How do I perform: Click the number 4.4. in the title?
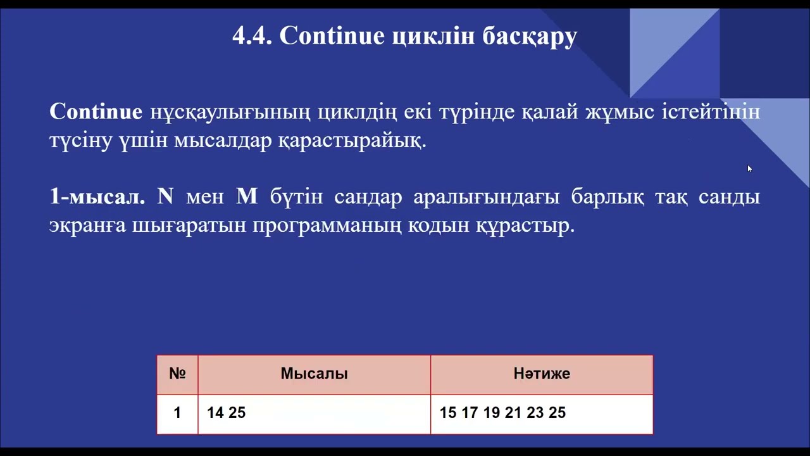pos(252,36)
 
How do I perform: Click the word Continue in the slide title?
pos(332,36)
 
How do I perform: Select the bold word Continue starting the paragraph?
pos(96,112)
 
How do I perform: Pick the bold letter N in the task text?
pos(165,197)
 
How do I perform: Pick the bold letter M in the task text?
pos(247,197)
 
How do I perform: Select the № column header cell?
pos(177,374)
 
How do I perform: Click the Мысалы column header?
pos(314,374)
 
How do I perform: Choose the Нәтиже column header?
pos(542,374)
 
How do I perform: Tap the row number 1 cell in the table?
pos(177,413)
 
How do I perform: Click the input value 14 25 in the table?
pos(226,413)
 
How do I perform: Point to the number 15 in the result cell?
pos(448,413)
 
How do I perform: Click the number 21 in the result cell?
pos(513,413)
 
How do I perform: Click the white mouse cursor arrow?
pos(750,169)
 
